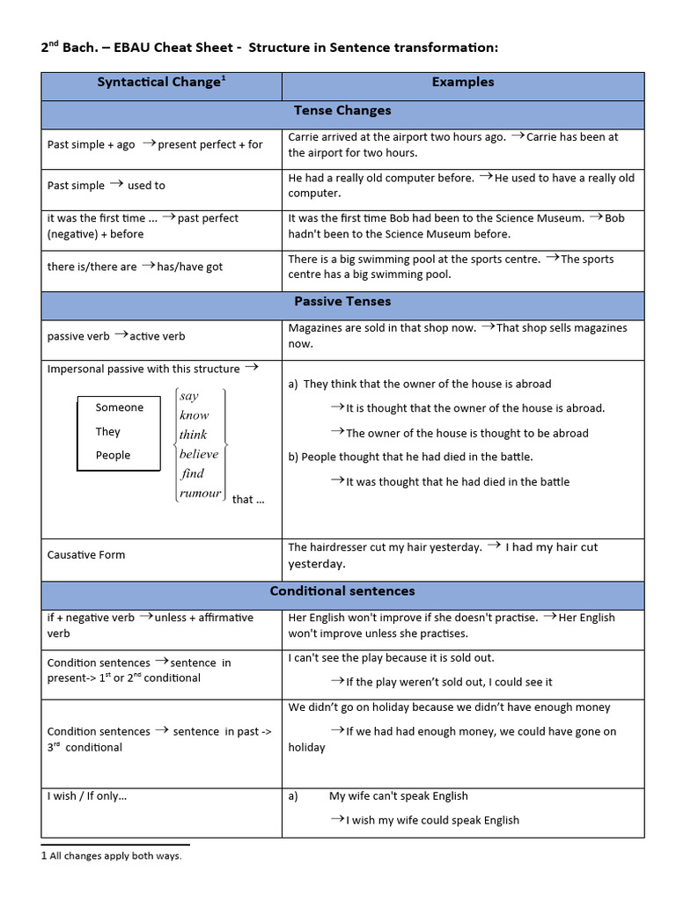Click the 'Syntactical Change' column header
coord(160,83)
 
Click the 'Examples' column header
coord(462,83)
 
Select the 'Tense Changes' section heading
coord(342,111)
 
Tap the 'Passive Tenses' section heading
coord(342,302)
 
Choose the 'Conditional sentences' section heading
coord(342,591)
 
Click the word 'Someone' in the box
coord(120,407)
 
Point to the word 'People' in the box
coord(113,455)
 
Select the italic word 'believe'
coord(199,454)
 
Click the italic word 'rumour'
coord(200,493)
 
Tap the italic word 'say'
coord(189,396)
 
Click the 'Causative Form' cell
coord(86,555)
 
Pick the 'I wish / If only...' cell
coord(87,796)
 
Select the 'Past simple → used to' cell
coord(106,186)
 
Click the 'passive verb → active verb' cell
coord(116,336)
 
